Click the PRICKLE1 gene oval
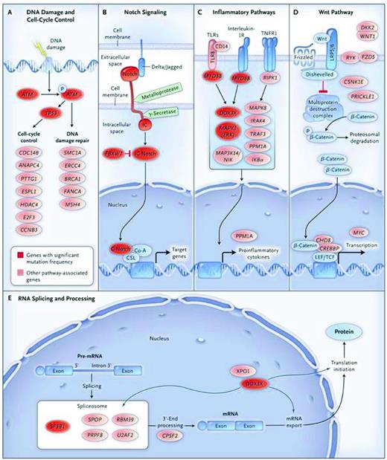(356, 97)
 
